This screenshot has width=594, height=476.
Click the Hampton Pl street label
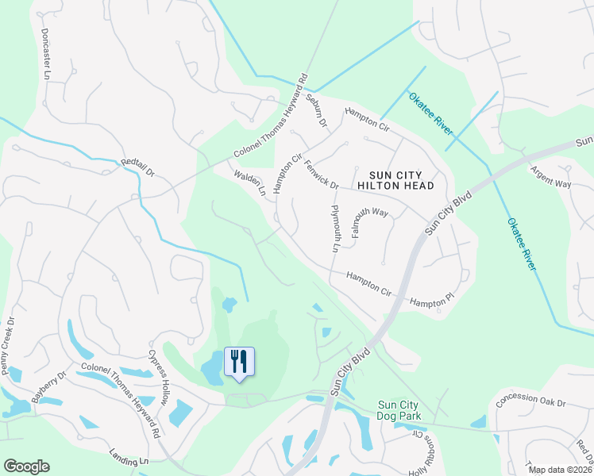click(x=431, y=300)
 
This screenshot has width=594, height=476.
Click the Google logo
click(x=26, y=466)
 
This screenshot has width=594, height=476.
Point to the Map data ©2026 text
click(x=560, y=470)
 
